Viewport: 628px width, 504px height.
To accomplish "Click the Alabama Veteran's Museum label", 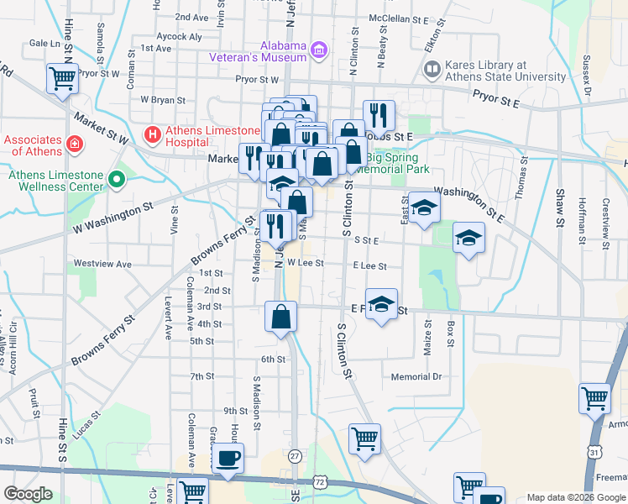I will (258, 51).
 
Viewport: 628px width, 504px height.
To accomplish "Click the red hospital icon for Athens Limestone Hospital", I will (152, 133).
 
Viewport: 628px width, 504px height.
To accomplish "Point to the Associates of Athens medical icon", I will (75, 144).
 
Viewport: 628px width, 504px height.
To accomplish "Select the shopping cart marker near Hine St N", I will (63, 78).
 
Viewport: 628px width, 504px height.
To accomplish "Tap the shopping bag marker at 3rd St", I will (281, 316).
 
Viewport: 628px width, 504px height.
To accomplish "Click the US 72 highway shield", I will (320, 481).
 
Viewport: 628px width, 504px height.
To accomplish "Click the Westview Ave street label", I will (102, 264).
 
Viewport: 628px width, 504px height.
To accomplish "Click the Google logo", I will (27, 494).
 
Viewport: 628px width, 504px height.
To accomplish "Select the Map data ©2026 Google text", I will (576, 497).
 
